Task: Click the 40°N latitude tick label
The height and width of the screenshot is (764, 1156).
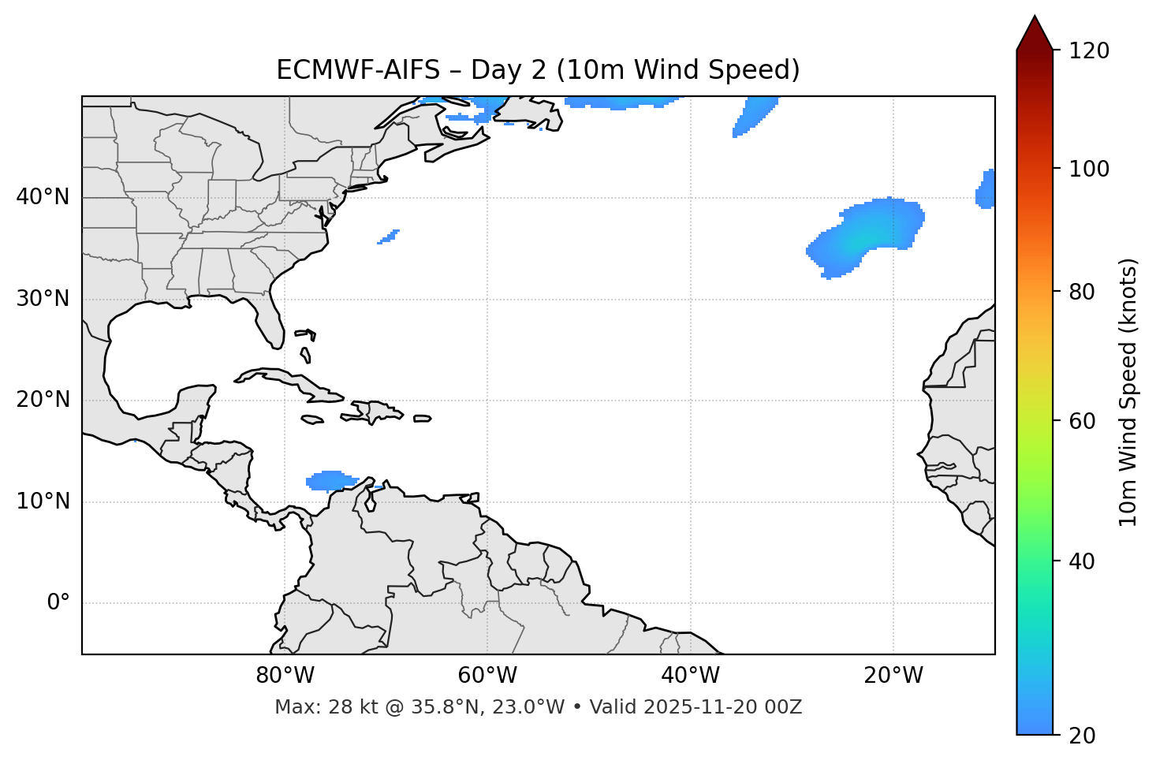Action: coord(43,197)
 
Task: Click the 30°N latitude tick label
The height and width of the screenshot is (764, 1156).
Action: coord(43,299)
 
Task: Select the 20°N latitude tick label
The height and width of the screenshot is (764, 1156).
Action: coord(43,400)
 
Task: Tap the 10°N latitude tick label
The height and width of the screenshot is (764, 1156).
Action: coord(43,501)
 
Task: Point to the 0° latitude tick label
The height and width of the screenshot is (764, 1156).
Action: coord(58,603)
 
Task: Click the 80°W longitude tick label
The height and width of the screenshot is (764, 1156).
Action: coord(285,676)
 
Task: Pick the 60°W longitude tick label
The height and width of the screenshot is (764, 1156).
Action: coord(487,676)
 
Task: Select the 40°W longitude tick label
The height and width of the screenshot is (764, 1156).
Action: coord(690,676)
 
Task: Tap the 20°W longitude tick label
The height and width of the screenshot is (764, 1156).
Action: coord(893,676)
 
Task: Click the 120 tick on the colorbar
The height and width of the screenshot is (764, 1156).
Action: coord(1089,51)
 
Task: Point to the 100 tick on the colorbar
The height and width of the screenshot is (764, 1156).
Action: coord(1089,170)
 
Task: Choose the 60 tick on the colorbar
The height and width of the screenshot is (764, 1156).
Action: coord(1082,421)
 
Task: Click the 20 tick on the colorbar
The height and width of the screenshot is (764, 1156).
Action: coord(1082,736)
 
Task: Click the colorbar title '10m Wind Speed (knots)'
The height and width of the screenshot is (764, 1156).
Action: coord(1128,393)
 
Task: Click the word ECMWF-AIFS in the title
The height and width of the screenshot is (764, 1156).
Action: coord(358,70)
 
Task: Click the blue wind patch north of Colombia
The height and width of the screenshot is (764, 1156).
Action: coord(330,480)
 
